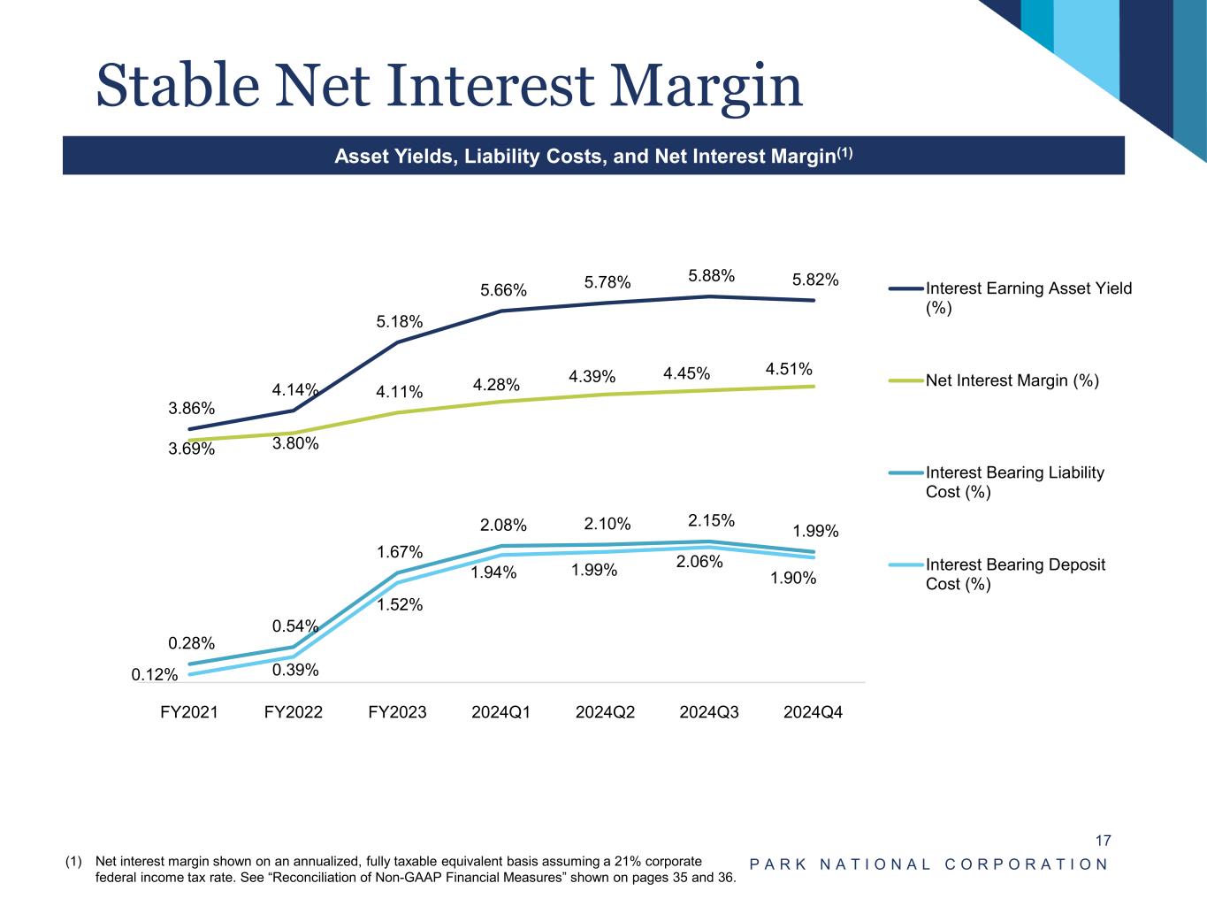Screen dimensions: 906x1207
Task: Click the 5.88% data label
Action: (x=711, y=276)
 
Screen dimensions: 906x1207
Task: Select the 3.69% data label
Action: (x=192, y=449)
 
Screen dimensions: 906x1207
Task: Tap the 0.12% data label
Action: (x=155, y=675)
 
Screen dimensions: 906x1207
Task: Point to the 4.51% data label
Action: (x=789, y=368)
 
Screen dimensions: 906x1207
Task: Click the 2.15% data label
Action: (x=711, y=519)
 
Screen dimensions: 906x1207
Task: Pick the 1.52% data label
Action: (x=400, y=605)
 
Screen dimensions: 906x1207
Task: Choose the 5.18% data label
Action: (x=400, y=322)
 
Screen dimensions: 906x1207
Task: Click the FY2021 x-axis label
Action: (x=189, y=712)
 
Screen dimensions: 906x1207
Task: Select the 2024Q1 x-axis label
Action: (x=501, y=712)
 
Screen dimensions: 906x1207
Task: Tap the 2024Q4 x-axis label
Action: (x=814, y=712)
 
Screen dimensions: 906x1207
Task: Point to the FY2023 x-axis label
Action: (x=397, y=712)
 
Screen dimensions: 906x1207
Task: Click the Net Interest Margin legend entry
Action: (x=1012, y=380)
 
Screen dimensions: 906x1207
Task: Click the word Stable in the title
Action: (x=177, y=86)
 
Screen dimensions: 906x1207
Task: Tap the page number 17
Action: (x=1103, y=841)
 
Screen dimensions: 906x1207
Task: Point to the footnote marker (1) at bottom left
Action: (x=73, y=861)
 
